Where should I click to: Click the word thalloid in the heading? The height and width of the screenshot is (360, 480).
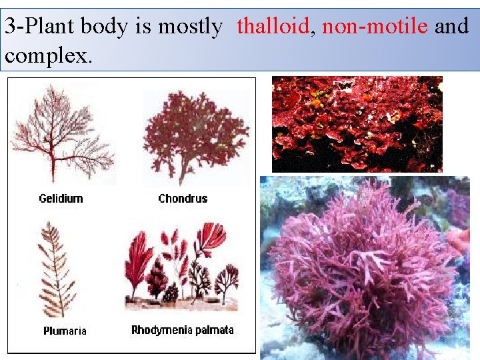(x=273, y=27)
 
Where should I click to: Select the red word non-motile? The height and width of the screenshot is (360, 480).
(x=375, y=27)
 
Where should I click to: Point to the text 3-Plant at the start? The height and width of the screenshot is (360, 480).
(x=39, y=27)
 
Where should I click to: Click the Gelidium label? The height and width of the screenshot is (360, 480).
(x=61, y=198)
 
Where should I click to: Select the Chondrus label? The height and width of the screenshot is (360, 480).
(x=183, y=198)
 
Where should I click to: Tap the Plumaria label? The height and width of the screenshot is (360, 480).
(x=65, y=331)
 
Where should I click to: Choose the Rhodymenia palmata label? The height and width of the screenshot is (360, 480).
(x=183, y=330)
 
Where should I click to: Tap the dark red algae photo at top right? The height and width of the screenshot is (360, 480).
(x=357, y=124)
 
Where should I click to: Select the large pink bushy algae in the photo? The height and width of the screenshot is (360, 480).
(x=360, y=267)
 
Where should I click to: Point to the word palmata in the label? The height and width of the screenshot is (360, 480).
(x=215, y=330)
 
